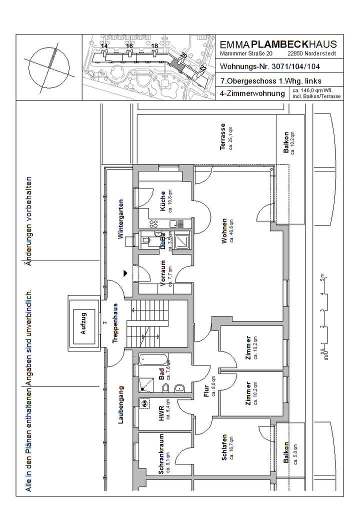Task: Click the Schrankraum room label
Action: pyautogui.click(x=161, y=453)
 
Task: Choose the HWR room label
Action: pyautogui.click(x=161, y=410)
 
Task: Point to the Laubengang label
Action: pyautogui.click(x=120, y=405)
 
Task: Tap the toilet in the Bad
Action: pyautogui.click(x=180, y=389)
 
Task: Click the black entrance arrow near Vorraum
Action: pyautogui.click(x=125, y=273)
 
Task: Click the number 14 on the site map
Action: pyautogui.click(x=104, y=46)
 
